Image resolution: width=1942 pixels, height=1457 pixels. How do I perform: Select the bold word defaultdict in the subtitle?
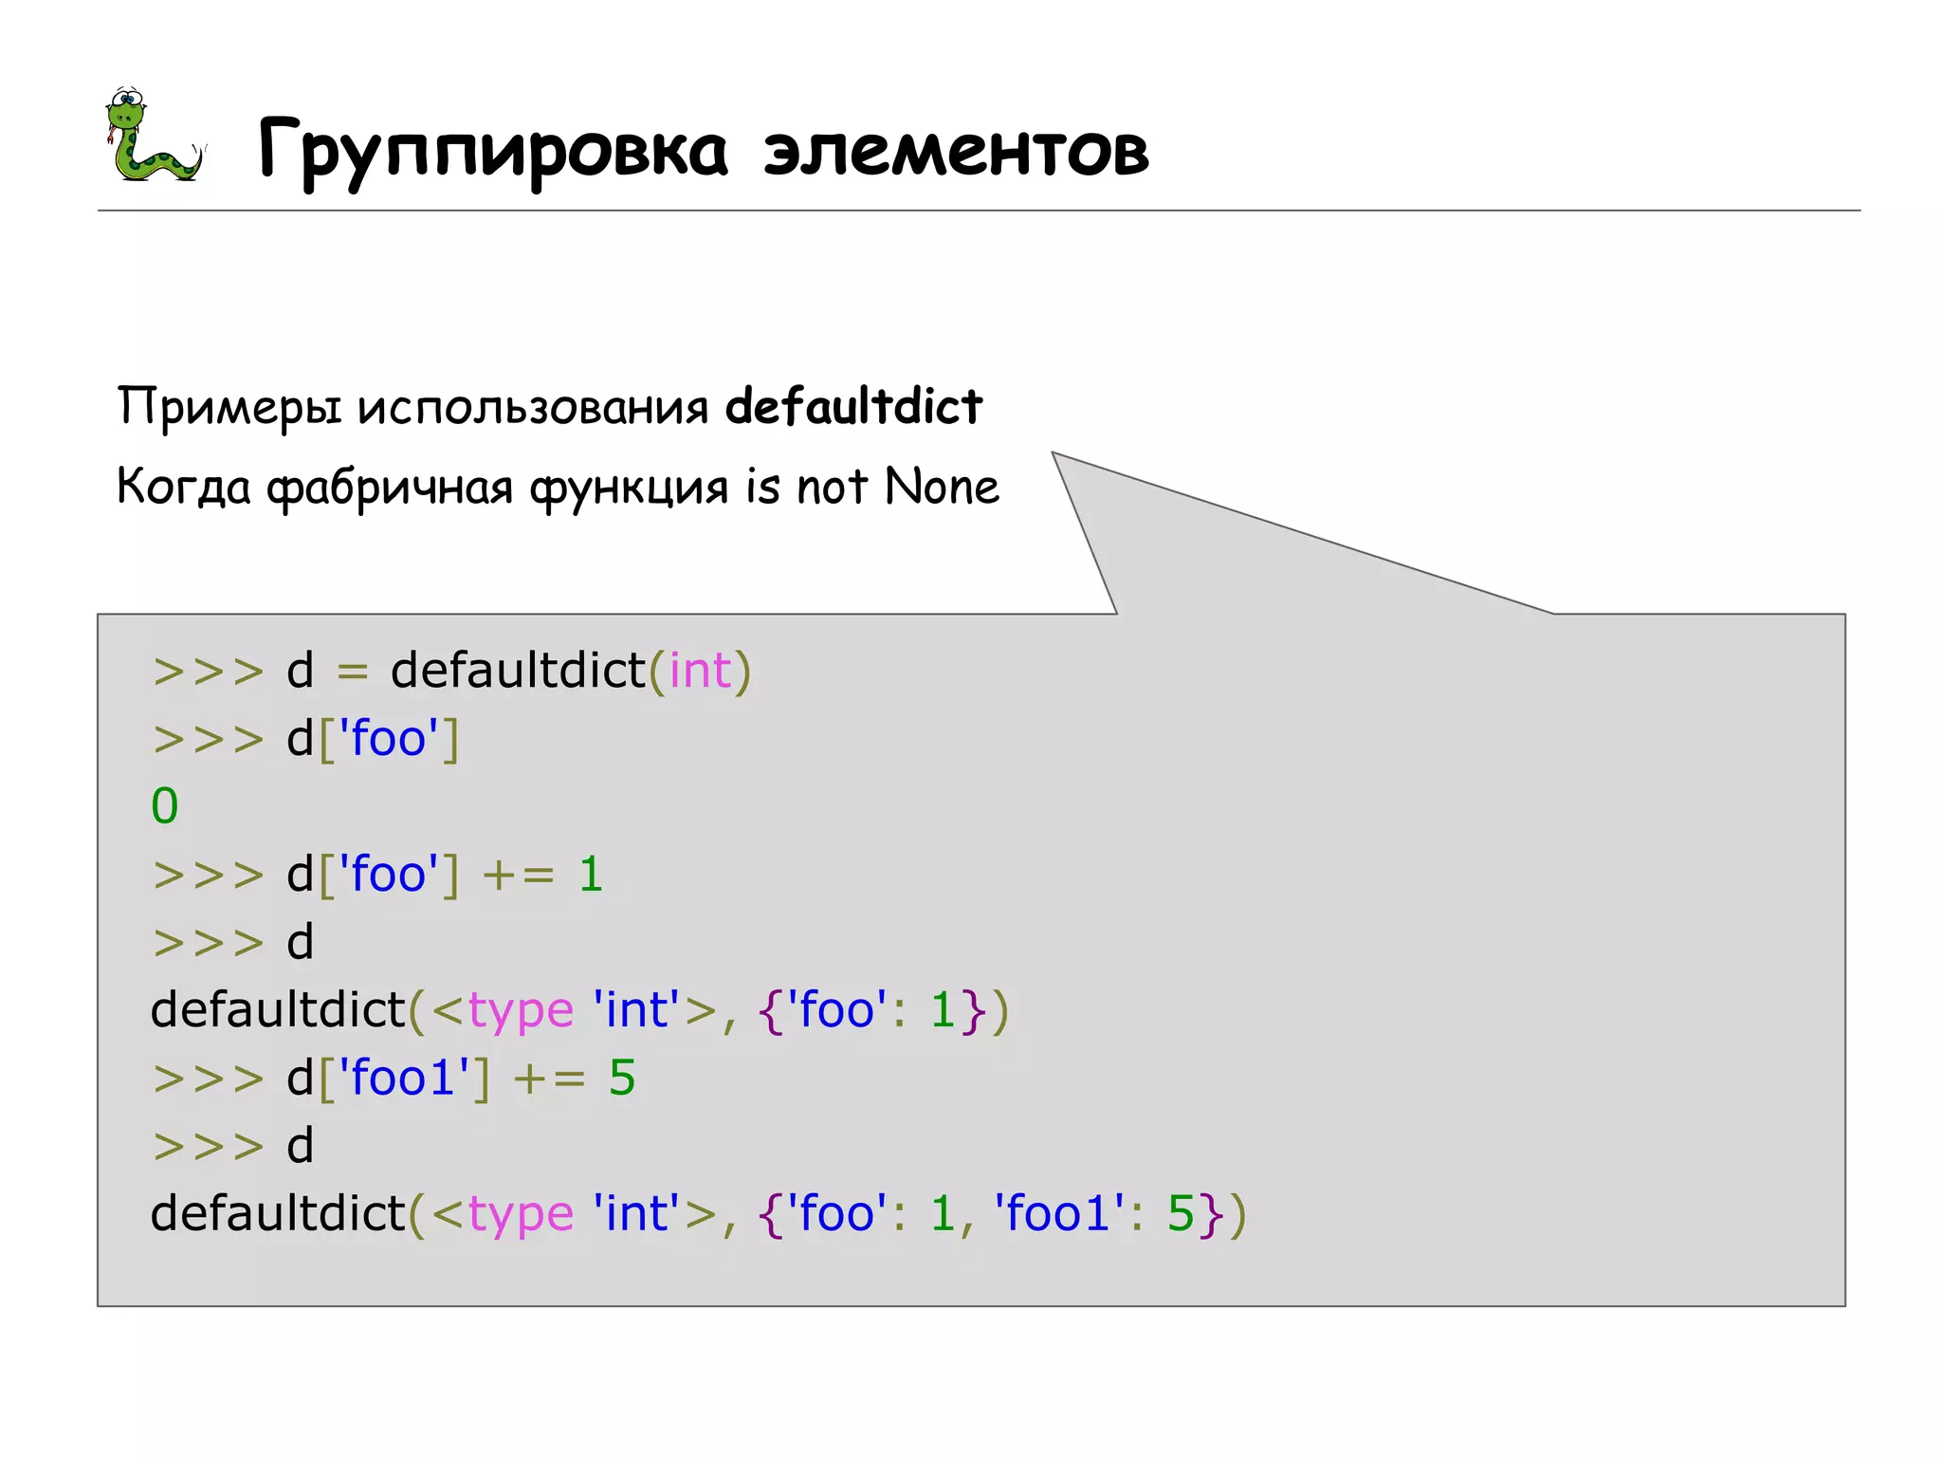point(853,407)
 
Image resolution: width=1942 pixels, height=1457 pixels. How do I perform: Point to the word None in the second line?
point(941,488)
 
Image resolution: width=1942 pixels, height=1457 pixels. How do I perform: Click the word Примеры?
point(229,408)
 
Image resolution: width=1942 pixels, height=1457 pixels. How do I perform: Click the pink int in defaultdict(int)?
point(700,671)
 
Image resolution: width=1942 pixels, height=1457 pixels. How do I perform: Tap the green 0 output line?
point(164,806)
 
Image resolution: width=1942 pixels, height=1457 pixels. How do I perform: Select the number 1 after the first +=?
point(591,875)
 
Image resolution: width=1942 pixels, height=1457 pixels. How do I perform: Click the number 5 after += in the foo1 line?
point(622,1079)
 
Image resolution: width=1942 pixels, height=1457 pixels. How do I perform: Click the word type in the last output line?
point(521,1215)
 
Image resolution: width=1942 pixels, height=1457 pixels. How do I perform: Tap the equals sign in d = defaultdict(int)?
point(352,672)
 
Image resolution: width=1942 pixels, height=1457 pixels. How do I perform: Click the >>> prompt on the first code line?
point(209,672)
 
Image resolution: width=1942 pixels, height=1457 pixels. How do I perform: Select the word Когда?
point(184,488)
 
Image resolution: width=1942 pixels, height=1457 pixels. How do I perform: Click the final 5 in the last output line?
point(1180,1214)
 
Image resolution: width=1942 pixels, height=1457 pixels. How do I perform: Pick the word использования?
point(533,408)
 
